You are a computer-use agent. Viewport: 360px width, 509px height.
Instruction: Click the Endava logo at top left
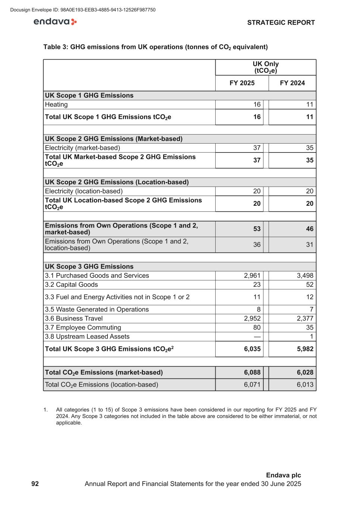coord(55,22)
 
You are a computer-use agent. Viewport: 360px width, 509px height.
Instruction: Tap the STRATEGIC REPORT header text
coord(281,23)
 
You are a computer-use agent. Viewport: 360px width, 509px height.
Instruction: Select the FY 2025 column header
coord(242,83)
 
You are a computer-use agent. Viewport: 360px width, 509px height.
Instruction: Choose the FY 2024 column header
coord(292,83)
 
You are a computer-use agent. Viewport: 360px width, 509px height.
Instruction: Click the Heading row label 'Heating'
coord(56,105)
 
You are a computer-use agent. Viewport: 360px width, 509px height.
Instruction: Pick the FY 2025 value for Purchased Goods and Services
coord(252,276)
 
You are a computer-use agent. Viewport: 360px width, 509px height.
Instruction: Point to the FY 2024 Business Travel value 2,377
coord(305,318)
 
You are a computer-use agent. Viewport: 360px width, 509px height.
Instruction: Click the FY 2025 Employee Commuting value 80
coord(257,327)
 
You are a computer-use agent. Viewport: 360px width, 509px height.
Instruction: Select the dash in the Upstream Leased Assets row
coord(257,337)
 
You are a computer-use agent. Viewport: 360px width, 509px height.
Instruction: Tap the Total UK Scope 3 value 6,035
coord(252,349)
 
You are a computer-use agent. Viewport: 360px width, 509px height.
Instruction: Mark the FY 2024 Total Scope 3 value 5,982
coord(305,349)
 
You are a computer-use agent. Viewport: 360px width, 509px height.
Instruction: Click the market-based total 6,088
coord(252,373)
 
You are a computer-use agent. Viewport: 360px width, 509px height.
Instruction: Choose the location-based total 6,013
coord(305,384)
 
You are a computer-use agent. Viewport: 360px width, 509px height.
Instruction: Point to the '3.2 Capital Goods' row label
coord(71,285)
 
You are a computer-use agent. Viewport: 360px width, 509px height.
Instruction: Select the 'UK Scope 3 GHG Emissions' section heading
coord(89,267)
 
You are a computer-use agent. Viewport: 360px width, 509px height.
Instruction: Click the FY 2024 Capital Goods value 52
coord(310,285)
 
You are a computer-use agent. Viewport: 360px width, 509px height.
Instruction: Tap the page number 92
coord(35,484)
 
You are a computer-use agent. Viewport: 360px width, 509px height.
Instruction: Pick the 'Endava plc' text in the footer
coord(283,475)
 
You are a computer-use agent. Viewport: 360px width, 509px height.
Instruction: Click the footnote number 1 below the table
coord(45,410)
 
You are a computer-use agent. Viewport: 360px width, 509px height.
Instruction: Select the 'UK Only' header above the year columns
coord(266,64)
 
